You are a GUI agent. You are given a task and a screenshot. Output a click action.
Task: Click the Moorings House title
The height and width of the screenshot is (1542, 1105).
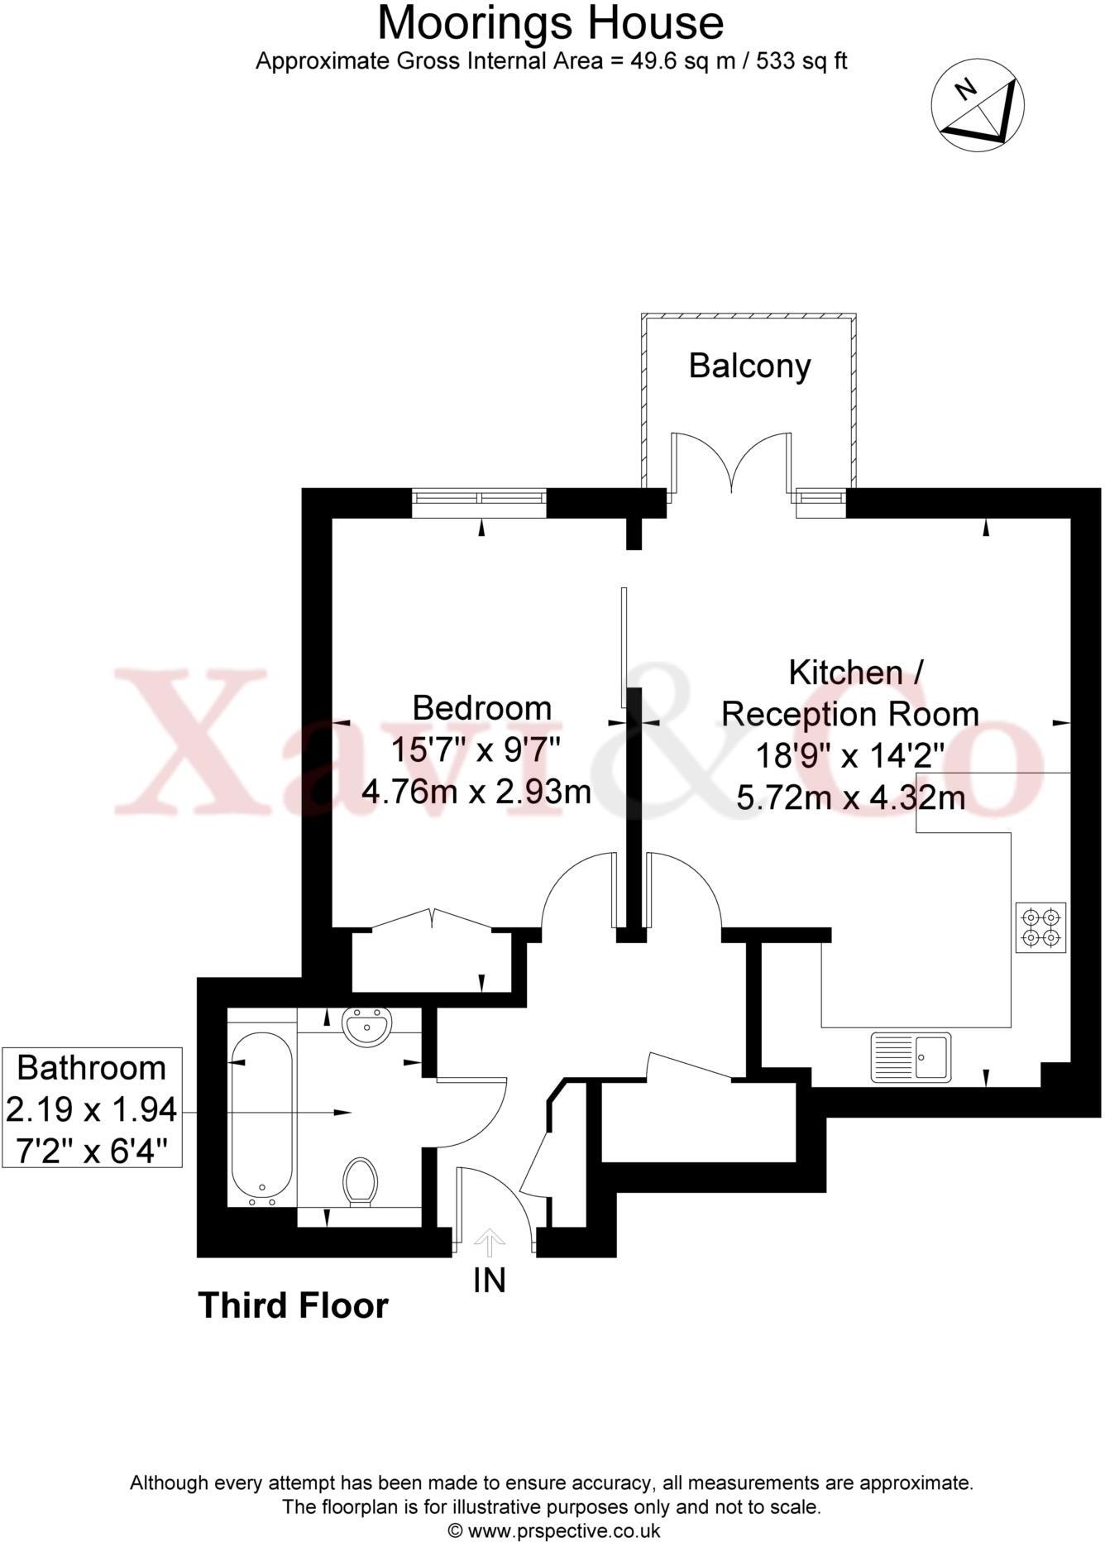pyautogui.click(x=551, y=23)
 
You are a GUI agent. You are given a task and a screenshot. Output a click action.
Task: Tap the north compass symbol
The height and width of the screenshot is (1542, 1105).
pyautogui.click(x=978, y=106)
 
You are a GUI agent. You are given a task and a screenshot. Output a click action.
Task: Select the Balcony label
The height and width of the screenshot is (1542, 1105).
pyautogui.click(x=749, y=366)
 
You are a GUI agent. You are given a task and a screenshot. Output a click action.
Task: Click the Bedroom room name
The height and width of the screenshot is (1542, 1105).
pyautogui.click(x=481, y=708)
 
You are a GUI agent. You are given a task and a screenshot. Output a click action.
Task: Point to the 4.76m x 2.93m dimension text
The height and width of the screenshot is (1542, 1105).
pyautogui.click(x=476, y=792)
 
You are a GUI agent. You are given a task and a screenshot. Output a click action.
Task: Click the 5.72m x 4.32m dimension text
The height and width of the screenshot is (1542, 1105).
pyautogui.click(x=850, y=798)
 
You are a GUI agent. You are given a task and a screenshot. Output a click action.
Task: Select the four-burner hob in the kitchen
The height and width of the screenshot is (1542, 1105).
pyautogui.click(x=1040, y=927)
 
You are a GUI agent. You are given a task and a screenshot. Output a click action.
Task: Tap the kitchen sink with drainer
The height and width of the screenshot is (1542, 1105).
pyautogui.click(x=911, y=1057)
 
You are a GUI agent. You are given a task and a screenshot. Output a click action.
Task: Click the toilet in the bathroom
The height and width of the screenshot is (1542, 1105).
pyautogui.click(x=361, y=1180)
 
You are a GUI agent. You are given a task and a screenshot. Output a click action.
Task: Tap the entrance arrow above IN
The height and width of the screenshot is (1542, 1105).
pyautogui.click(x=489, y=1241)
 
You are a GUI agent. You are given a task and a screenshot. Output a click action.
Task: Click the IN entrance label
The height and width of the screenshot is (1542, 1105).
pyautogui.click(x=489, y=1281)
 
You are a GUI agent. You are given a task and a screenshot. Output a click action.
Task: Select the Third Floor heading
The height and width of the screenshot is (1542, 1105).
pyautogui.click(x=294, y=1306)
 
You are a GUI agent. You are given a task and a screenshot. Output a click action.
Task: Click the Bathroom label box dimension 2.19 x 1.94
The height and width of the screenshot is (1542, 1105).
pyautogui.click(x=91, y=1109)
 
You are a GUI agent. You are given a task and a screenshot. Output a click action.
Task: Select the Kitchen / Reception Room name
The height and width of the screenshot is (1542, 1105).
pyautogui.click(x=850, y=692)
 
